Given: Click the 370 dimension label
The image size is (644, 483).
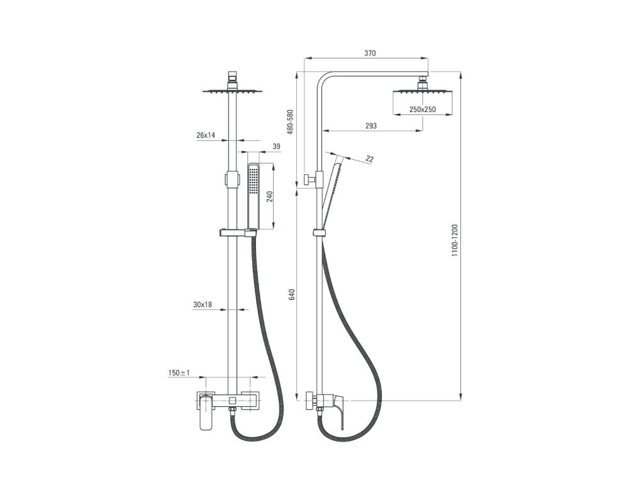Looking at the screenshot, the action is coord(370,54).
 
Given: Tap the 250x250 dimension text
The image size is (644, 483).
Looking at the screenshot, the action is coord(423,109).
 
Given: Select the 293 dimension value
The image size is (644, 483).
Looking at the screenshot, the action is coord(370,126).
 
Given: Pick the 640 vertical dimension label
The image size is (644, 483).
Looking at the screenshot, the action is coord(291,295).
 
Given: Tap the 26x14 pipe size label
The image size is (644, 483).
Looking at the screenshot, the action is coord(206,135).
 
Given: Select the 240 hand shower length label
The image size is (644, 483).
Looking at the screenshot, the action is coord(270,197).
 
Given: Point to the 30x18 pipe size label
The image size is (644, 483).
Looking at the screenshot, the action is coord(203,305).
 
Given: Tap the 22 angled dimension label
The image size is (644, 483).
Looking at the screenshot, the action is coord(369,160).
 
